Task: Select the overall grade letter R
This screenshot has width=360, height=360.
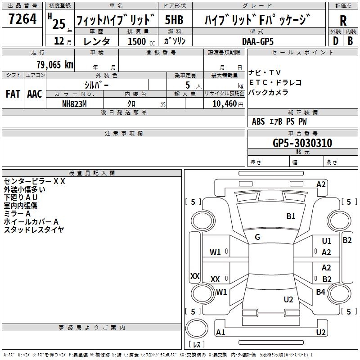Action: point(343,21)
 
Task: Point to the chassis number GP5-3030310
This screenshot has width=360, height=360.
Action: point(302,143)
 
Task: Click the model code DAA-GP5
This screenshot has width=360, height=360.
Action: point(257,41)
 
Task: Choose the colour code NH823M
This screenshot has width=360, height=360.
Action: point(74,103)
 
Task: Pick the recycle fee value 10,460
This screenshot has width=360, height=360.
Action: point(223,103)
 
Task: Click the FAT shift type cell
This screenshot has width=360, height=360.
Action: point(13,94)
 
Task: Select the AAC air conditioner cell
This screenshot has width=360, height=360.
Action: point(35,94)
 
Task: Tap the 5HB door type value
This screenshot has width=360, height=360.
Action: point(174,20)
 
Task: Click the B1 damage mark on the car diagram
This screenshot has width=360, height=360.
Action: point(291,216)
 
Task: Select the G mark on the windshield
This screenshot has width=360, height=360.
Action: point(257,237)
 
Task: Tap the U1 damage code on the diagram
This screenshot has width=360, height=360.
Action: point(327,242)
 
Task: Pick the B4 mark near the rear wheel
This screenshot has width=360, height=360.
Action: point(320,292)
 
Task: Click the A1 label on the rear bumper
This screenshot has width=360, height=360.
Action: point(220,333)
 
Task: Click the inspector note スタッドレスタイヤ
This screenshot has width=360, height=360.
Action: point(34,229)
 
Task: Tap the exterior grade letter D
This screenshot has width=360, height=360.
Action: point(335,41)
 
